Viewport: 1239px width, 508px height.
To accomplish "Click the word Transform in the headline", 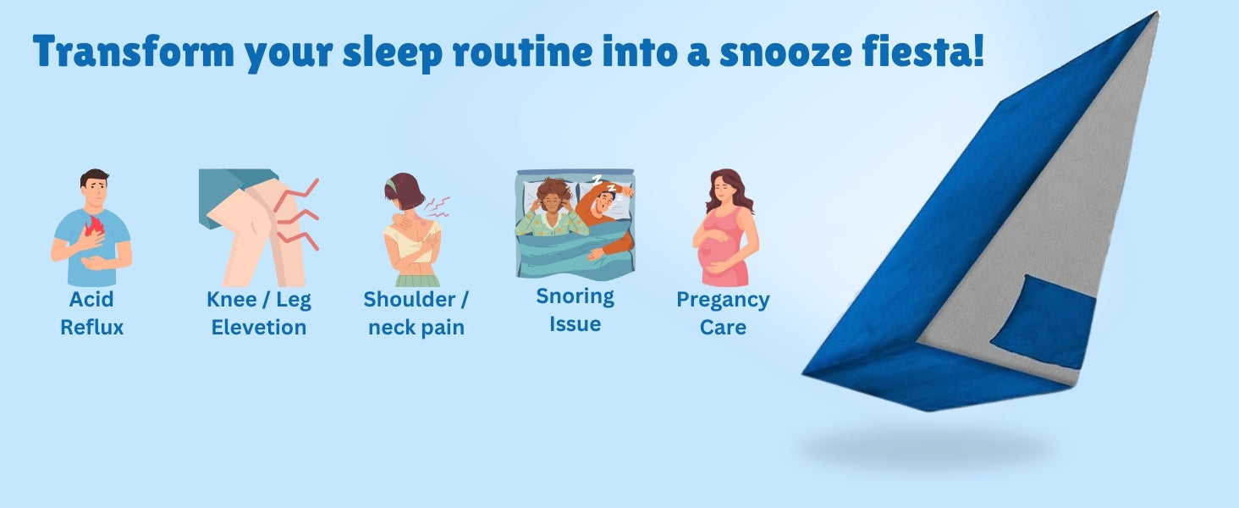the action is pos(134,52).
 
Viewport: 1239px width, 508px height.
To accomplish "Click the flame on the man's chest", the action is pos(94,226).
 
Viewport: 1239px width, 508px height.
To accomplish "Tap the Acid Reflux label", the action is pos(91,313).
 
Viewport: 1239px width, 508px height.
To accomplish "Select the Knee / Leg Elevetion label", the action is pos(259,313).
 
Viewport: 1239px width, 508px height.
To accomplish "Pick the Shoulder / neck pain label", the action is pos(416,313).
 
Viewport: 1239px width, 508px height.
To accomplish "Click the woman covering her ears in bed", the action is pos(550,209).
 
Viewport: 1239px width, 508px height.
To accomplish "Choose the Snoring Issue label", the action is pos(575,310).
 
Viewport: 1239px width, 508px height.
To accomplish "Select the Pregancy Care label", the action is pos(723,313).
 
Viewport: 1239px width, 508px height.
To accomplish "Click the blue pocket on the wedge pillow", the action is pos(1043,322).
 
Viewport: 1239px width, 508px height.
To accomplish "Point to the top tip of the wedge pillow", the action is pos(1156,12).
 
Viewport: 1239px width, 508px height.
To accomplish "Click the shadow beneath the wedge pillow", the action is pos(929,446).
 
